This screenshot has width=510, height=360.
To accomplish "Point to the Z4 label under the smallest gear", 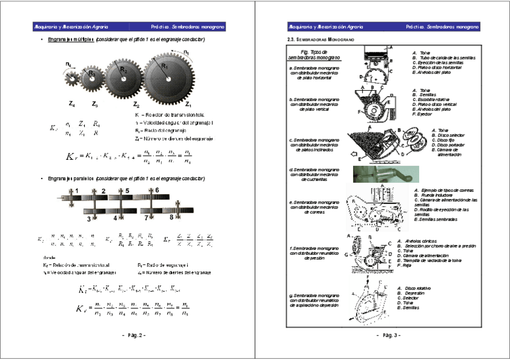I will point(72,104).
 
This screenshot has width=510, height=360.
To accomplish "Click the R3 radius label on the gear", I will point(92,73).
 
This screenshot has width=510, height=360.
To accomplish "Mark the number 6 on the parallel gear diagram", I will point(157,190).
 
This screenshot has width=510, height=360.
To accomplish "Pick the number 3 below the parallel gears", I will point(88,219).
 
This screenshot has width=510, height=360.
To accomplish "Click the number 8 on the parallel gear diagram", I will point(171,218).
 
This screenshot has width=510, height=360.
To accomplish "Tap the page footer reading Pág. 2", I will point(134,334).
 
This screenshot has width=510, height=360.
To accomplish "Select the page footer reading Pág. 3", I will point(388,334).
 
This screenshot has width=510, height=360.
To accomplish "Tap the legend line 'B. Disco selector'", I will point(446,135).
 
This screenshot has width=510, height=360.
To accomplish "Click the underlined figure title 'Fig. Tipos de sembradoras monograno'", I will point(314,55).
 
